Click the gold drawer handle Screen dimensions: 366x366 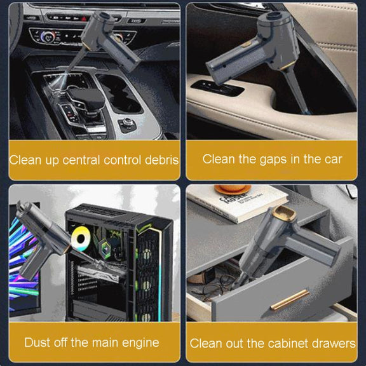[290, 299]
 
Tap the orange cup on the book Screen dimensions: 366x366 [233, 189]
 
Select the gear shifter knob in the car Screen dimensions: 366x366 [86, 98]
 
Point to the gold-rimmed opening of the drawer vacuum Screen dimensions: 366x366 [284, 213]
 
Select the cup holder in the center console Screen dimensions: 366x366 [121, 94]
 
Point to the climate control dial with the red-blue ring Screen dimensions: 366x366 [48, 37]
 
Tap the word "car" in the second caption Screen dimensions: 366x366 [333, 159]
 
